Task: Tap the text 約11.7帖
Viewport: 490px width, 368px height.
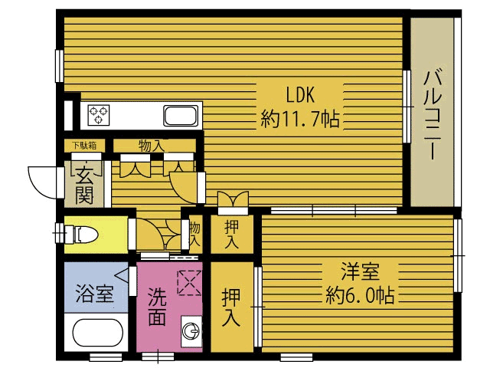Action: click(300, 119)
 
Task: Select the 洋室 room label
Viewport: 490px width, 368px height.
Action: click(359, 271)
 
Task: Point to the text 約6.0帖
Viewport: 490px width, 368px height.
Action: click(359, 294)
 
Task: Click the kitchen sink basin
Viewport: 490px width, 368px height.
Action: click(181, 117)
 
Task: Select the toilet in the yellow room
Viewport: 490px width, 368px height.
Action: click(80, 232)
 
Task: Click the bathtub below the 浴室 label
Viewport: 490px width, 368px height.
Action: click(96, 336)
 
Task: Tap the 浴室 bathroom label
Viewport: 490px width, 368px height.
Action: click(95, 294)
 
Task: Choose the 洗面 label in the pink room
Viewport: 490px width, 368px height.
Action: click(157, 306)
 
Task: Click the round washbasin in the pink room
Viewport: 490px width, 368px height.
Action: click(191, 331)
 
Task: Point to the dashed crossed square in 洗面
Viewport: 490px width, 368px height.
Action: click(188, 282)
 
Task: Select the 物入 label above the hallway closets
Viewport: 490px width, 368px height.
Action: click(150, 145)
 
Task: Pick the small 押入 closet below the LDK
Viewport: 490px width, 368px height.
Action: click(232, 233)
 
